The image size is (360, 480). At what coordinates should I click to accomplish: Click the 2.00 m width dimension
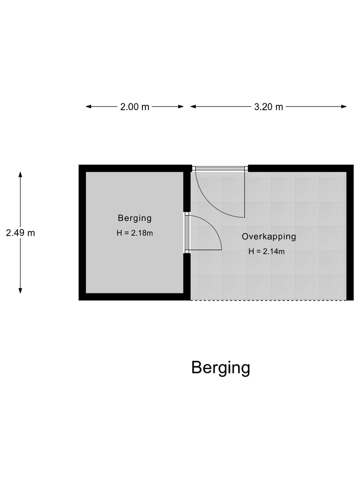(x=135, y=107)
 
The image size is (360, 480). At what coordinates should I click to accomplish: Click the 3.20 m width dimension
(x=269, y=107)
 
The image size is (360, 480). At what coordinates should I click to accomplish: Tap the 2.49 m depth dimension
(x=20, y=233)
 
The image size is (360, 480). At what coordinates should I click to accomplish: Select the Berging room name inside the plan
(x=135, y=218)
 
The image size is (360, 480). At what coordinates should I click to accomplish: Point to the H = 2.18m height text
(x=135, y=233)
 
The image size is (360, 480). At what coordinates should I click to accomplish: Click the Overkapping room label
(x=269, y=237)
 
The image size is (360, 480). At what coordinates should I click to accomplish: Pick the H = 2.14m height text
(x=266, y=251)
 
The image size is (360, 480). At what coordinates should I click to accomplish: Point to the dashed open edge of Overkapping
(x=268, y=300)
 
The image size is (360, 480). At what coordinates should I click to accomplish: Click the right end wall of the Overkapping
(x=350, y=233)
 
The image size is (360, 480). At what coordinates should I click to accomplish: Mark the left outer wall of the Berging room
(x=82, y=233)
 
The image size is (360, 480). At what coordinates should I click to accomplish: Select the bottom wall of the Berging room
(x=135, y=297)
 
